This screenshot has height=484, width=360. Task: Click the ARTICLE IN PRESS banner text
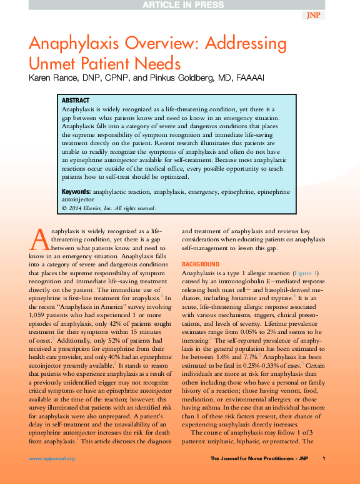[x=179, y=5]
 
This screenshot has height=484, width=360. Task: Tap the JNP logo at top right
[x=343, y=15]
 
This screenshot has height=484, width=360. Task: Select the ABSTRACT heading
[x=76, y=100]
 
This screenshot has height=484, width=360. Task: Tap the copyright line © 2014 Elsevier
[x=108, y=208]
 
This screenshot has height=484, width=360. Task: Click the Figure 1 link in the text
[x=306, y=273]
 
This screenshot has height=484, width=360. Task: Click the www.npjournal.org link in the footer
[x=52, y=458]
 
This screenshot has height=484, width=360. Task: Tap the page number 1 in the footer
[x=324, y=458]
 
